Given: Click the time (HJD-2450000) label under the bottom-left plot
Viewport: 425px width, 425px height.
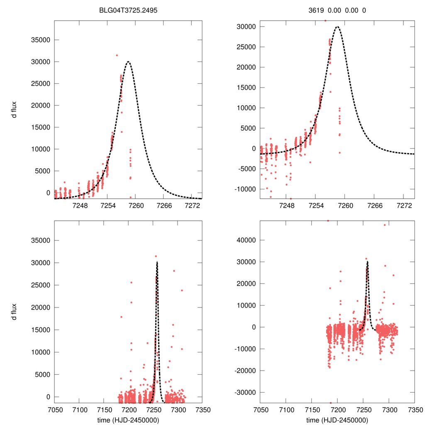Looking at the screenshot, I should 127,420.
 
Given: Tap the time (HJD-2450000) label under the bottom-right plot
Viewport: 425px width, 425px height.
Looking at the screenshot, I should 337,420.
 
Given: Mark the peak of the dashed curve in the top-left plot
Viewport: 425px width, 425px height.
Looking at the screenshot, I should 128,62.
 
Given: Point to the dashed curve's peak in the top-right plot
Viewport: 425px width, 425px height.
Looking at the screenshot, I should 337,27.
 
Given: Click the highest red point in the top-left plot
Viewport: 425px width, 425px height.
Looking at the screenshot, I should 117,55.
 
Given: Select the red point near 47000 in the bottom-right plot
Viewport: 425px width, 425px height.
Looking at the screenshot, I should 384,225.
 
